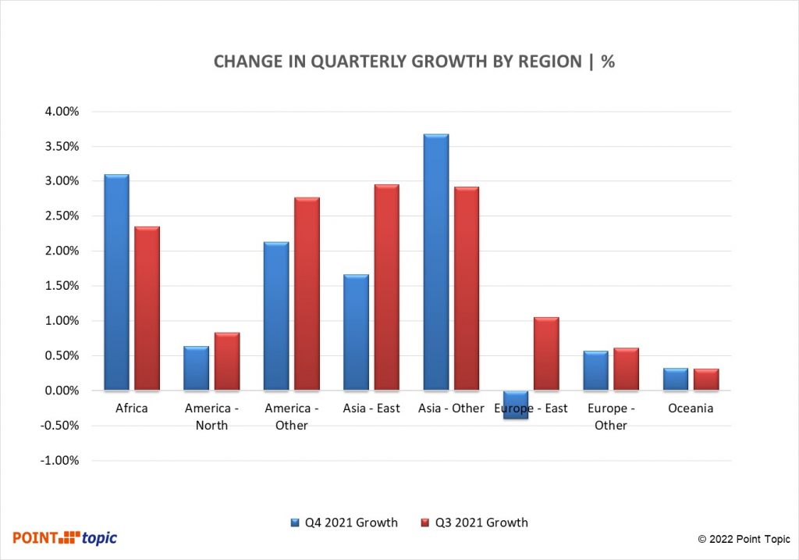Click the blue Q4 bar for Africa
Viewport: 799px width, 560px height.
click(x=116, y=282)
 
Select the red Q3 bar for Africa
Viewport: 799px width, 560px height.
click(x=147, y=309)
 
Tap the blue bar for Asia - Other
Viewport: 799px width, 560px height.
click(x=435, y=262)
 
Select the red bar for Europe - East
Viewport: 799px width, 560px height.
click(x=546, y=354)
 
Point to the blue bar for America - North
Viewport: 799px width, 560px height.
click(x=196, y=368)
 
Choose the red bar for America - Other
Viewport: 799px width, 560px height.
click(x=307, y=294)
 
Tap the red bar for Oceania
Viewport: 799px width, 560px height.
click(x=706, y=380)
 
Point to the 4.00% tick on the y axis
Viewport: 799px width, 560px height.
click(x=62, y=112)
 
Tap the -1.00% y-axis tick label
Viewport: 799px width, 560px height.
click(x=60, y=461)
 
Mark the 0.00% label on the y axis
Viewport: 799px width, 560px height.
click(x=62, y=391)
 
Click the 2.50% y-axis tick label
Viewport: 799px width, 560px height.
click(x=62, y=216)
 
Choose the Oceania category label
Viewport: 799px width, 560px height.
click(x=691, y=408)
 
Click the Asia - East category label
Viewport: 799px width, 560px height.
click(x=371, y=408)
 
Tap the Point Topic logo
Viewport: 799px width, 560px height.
click(x=65, y=537)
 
